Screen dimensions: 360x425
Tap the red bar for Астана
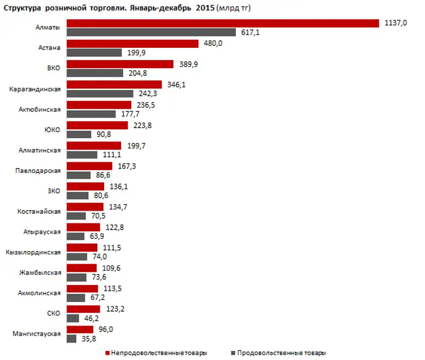[x=132, y=44]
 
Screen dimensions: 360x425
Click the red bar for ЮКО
[x=97, y=125]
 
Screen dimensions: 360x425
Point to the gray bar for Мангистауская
[x=71, y=338]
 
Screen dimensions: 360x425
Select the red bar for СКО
[x=83, y=309]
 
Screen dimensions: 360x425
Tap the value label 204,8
[x=136, y=73]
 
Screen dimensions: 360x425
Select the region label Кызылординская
[x=33, y=252]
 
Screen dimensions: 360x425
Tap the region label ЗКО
[x=54, y=191]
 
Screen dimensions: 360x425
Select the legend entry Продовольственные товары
[x=282, y=353]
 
